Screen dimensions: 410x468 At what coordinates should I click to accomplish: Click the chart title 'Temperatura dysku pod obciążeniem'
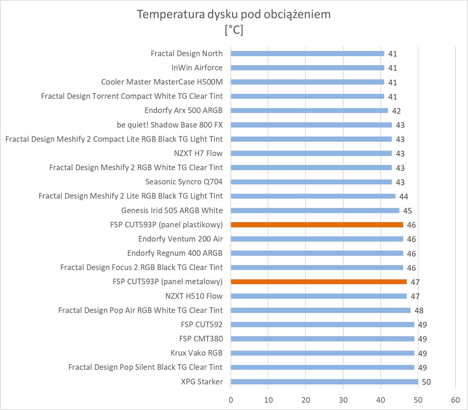(233, 14)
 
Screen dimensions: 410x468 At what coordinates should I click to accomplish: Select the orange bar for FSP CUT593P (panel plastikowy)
(317, 225)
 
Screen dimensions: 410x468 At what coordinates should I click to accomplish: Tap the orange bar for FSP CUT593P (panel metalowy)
(319, 282)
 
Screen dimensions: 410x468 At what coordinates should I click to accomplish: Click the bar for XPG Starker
(324, 382)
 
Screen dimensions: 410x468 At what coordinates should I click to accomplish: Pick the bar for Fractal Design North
(307, 54)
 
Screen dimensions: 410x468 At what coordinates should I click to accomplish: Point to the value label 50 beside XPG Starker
(426, 382)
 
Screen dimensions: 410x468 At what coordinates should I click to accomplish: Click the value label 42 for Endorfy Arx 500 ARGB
(396, 111)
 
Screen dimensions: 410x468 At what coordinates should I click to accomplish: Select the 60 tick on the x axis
(455, 400)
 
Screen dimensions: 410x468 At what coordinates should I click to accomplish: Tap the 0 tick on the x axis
(231, 400)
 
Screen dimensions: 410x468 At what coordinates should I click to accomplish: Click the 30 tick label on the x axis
(343, 400)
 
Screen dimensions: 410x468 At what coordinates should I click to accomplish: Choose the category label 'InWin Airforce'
(197, 68)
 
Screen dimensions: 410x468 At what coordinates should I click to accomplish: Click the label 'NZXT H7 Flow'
(198, 153)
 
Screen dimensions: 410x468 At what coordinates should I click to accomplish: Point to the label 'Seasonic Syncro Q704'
(184, 182)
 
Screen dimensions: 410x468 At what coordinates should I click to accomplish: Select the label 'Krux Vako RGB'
(196, 353)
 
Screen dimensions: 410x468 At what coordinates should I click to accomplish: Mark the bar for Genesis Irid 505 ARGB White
(315, 211)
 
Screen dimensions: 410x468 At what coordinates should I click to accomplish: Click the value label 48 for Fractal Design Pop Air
(419, 311)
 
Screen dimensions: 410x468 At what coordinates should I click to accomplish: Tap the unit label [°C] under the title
(234, 30)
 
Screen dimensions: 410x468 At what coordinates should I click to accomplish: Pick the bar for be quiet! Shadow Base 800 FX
(311, 125)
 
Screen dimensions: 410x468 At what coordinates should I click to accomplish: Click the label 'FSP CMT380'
(201, 339)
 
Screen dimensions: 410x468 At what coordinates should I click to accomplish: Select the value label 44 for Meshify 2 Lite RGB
(404, 196)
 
